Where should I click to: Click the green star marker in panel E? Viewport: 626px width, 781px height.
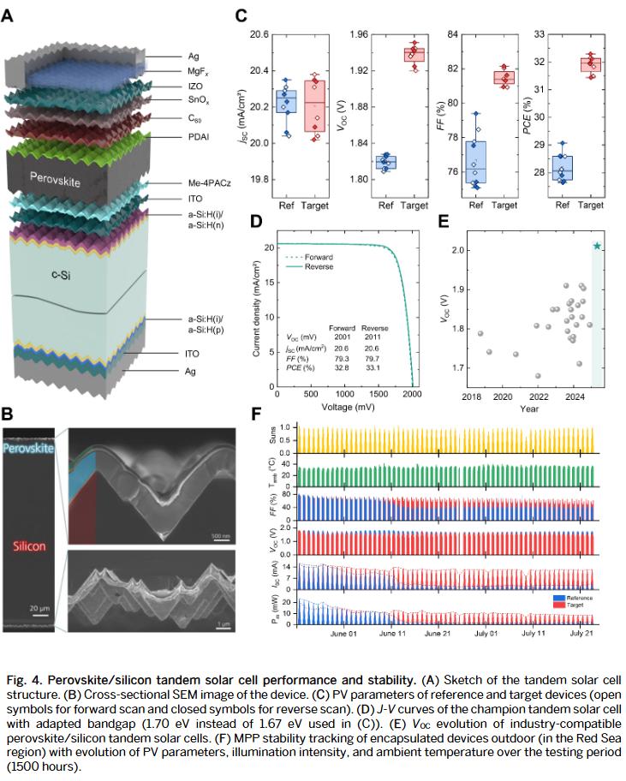tap(597, 247)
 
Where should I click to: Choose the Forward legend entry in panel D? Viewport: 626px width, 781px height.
tap(340, 255)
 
